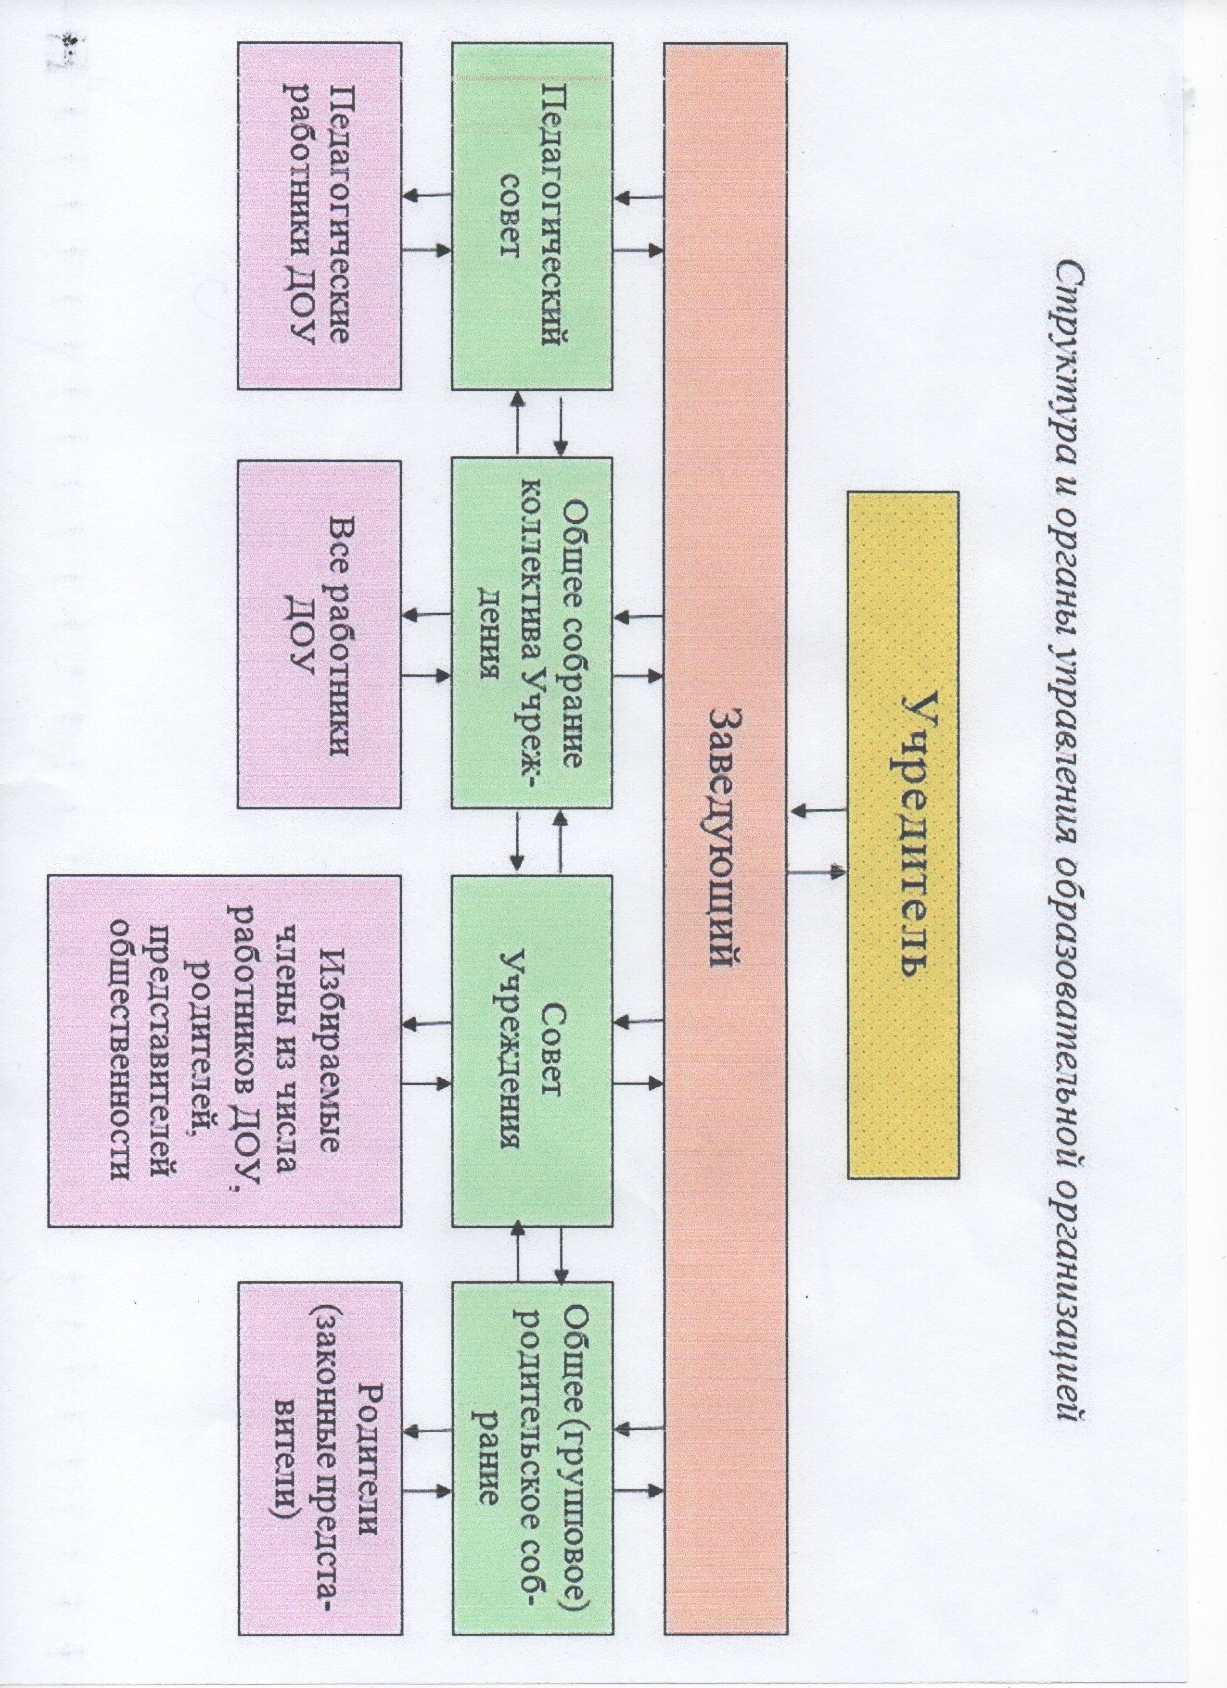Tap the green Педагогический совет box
coord(532,216)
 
